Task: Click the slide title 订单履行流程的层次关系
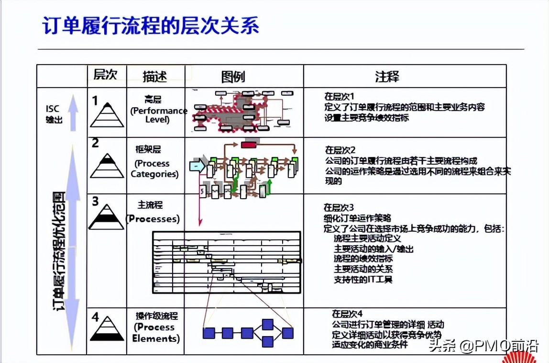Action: click(x=151, y=26)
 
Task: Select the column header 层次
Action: click(x=105, y=75)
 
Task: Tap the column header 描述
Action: click(x=155, y=76)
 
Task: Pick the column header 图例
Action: click(x=233, y=76)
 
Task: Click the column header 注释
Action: click(x=387, y=76)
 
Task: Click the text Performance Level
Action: click(x=158, y=115)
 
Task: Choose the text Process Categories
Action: click(x=154, y=169)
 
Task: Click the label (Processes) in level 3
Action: click(x=153, y=219)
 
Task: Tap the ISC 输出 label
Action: click(x=54, y=114)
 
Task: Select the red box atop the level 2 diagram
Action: click(x=249, y=145)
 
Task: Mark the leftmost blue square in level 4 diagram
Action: click(x=209, y=333)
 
